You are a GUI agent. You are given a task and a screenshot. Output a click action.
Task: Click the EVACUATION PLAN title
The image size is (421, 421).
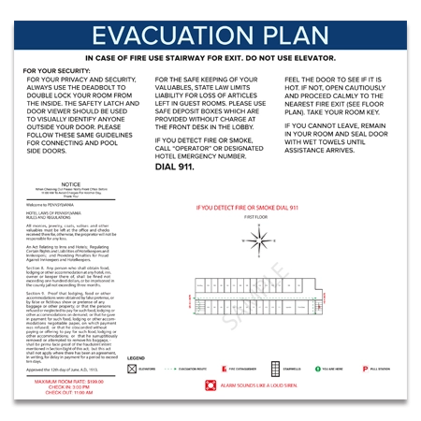210,37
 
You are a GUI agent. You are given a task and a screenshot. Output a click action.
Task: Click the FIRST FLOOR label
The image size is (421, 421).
255,216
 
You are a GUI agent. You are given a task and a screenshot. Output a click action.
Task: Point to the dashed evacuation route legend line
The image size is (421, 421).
170,369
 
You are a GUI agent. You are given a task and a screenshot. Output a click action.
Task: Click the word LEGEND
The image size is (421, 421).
137,358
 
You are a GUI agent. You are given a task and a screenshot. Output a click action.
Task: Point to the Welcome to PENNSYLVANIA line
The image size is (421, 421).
51,204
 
